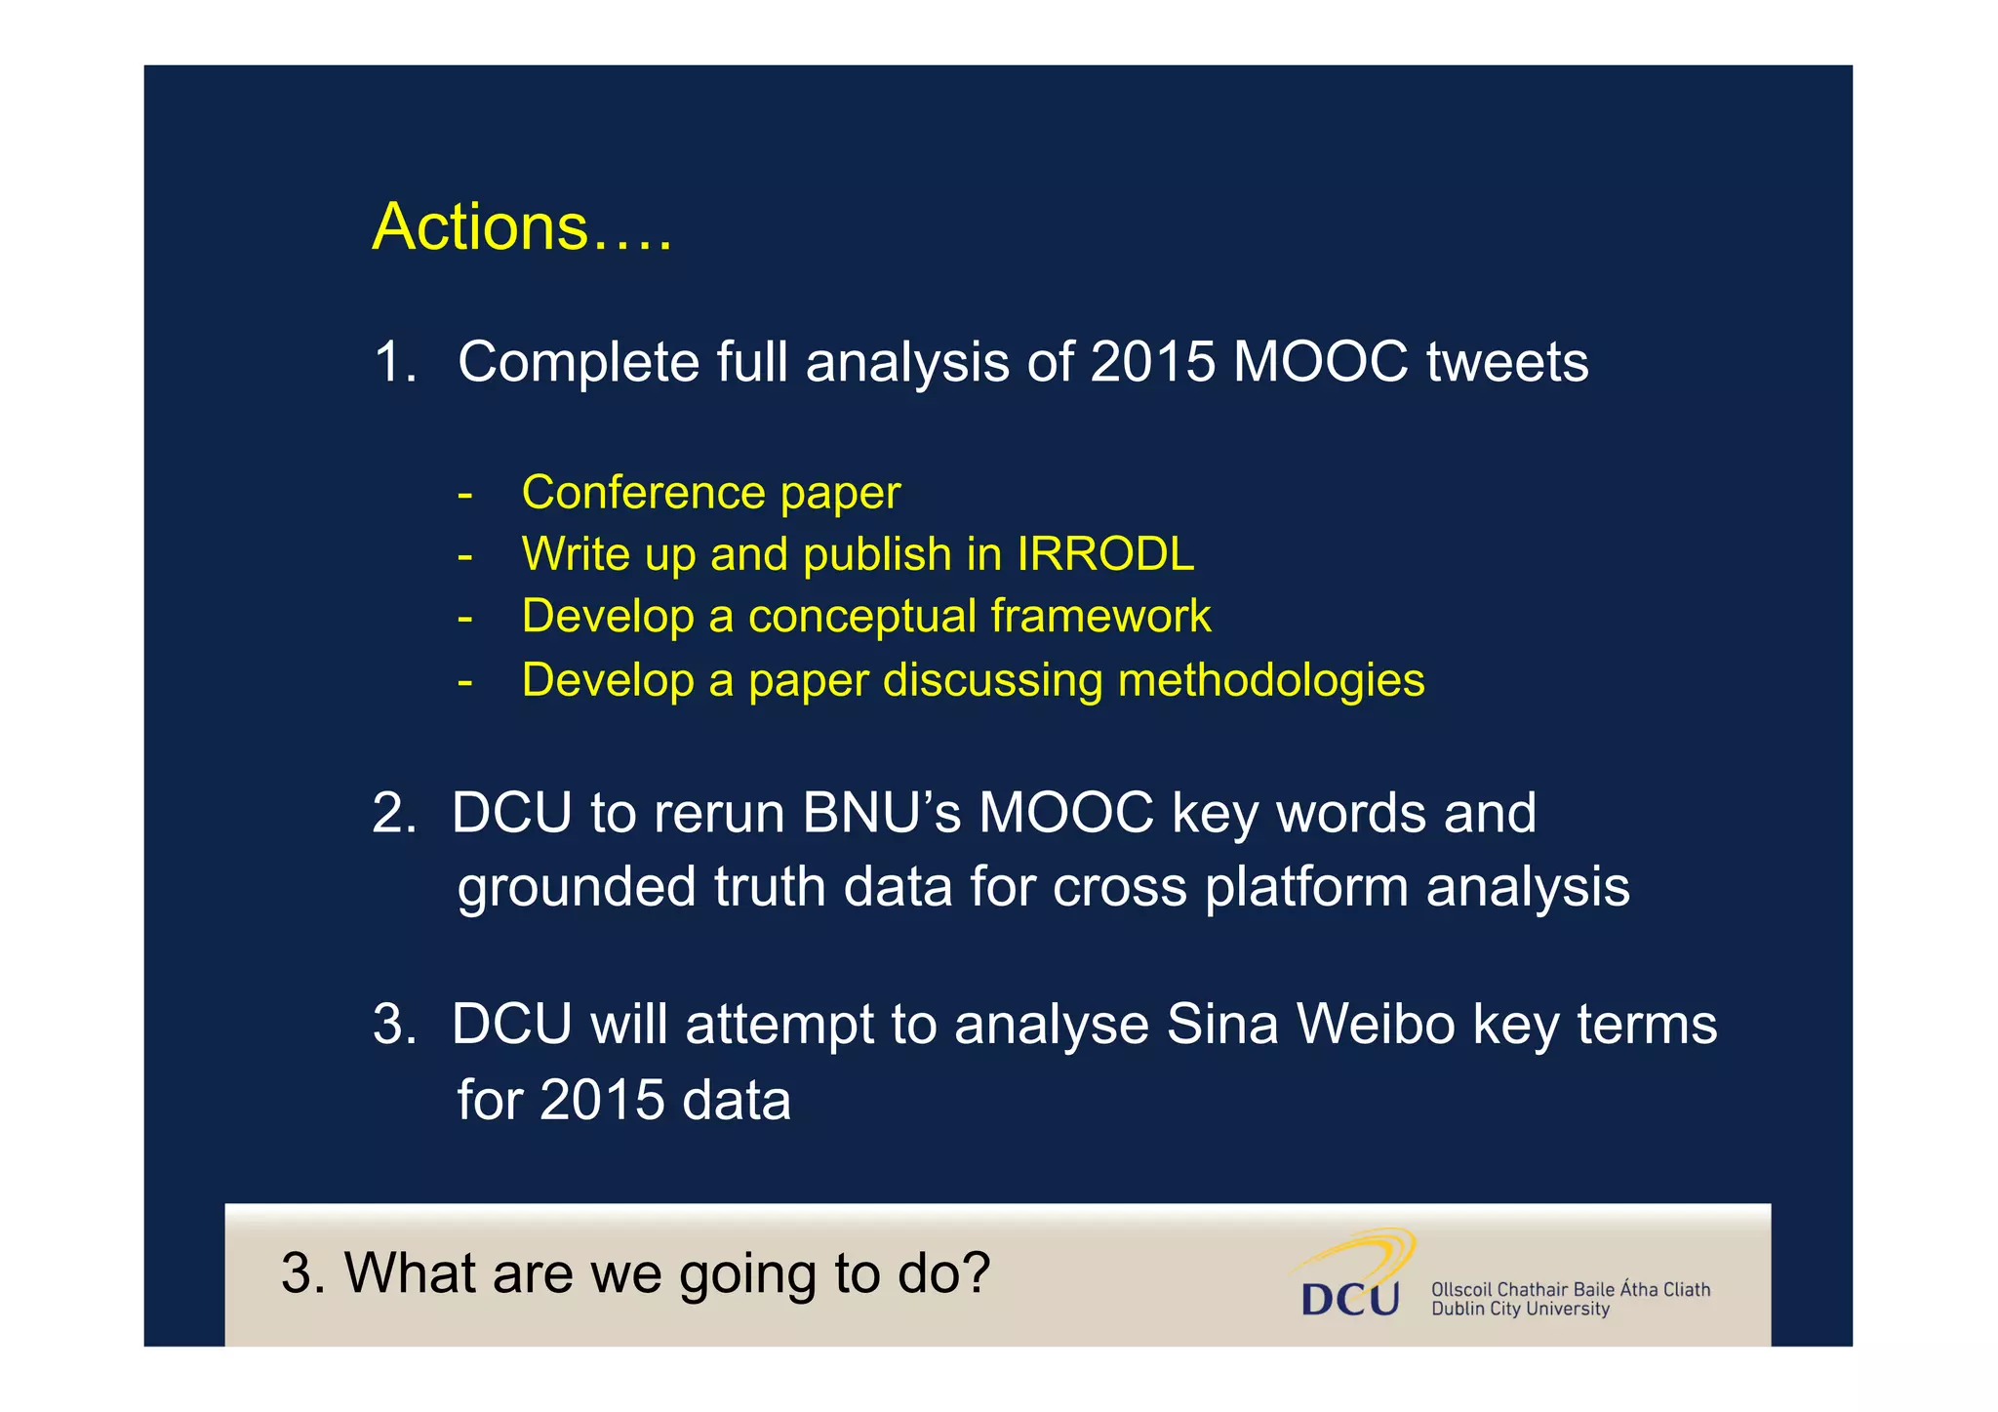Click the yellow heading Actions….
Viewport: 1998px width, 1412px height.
coord(521,226)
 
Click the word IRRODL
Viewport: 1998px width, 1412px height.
coord(1104,554)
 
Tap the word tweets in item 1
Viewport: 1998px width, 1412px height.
coord(1506,362)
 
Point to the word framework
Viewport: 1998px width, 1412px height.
coord(1099,617)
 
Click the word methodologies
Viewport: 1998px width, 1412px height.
coord(1270,680)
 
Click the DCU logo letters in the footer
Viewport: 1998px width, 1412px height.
coord(1350,1299)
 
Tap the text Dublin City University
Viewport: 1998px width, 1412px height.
coord(1519,1310)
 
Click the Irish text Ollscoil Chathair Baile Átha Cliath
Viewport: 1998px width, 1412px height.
coord(1570,1289)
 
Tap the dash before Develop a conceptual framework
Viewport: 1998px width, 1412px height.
coord(464,617)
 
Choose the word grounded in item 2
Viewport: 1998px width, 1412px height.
coord(577,887)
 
